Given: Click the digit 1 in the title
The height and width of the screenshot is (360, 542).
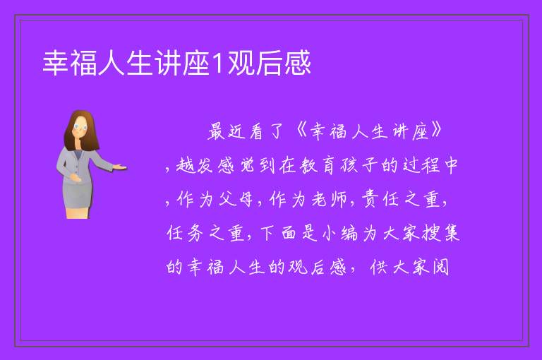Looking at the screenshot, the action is (x=218, y=63).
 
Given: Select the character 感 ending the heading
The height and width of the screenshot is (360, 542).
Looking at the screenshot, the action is (x=298, y=63).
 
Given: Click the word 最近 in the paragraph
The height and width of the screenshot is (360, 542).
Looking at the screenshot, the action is (x=227, y=131).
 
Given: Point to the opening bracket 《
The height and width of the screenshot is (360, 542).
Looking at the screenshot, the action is (x=301, y=131).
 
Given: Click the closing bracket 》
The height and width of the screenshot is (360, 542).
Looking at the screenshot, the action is (x=436, y=130).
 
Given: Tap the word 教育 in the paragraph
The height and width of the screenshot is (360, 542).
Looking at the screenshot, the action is (x=317, y=165).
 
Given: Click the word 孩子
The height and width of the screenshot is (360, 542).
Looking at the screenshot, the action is (x=358, y=165).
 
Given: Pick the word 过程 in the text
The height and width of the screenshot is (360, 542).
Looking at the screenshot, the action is (x=421, y=165).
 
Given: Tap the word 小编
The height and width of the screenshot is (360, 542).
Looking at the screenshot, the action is (x=340, y=233).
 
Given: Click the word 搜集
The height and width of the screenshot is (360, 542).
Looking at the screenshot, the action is (x=440, y=232).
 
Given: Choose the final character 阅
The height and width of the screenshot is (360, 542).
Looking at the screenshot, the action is (x=440, y=268).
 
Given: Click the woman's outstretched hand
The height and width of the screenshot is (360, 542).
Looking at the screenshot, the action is (x=120, y=167).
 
